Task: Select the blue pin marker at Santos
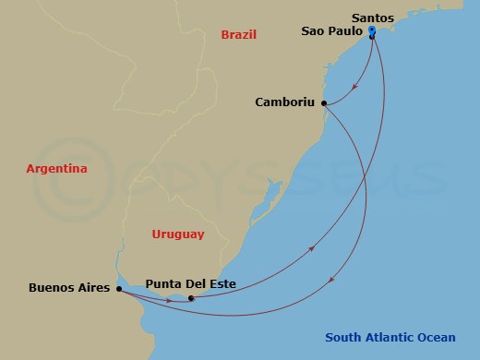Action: coord(371,32)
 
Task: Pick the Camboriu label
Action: coord(285,102)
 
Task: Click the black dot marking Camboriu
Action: coord(324,104)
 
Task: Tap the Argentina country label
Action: coord(56,169)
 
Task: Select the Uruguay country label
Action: coord(177,234)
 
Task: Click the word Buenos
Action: coord(51,288)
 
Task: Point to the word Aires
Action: coord(93,288)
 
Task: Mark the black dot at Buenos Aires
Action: coord(117,289)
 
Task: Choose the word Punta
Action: coord(164,283)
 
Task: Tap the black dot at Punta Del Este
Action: coord(190,298)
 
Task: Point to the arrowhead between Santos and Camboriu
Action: coord(356,89)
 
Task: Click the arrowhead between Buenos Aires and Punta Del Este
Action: coord(168,299)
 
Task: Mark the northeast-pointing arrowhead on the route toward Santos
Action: coord(313,248)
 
